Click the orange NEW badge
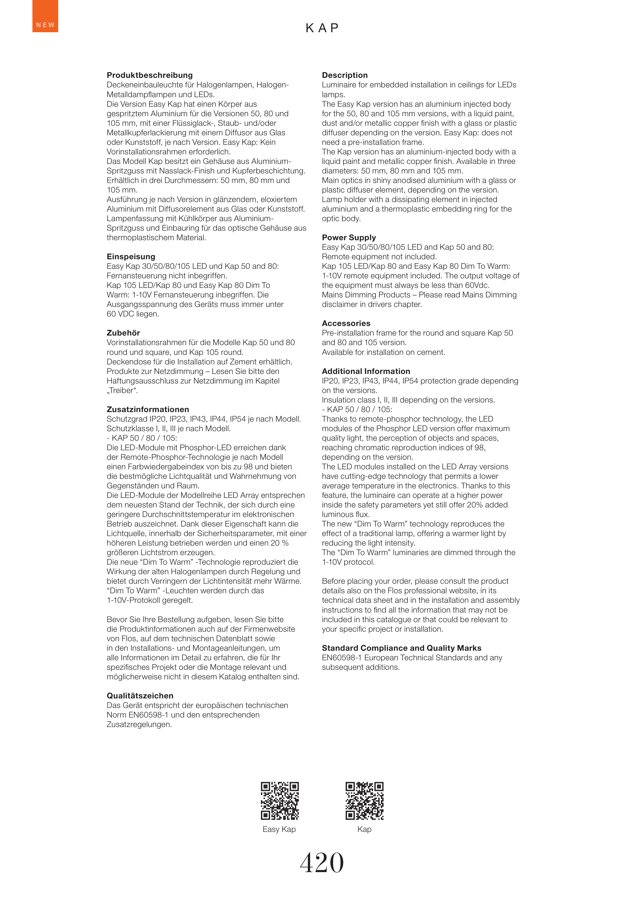click(45, 16)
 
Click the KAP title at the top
click(322, 28)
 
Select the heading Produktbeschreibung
click(149, 75)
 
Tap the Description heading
click(345, 75)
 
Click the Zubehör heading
click(123, 333)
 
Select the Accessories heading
click(346, 323)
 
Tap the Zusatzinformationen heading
click(148, 409)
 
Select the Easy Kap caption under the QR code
click(279, 829)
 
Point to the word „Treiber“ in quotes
click(122, 390)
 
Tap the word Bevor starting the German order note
click(118, 619)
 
